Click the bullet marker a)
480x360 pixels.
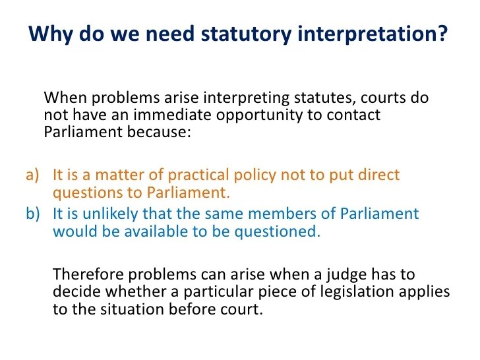(x=33, y=176)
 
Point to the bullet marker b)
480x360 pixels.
(x=33, y=214)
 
